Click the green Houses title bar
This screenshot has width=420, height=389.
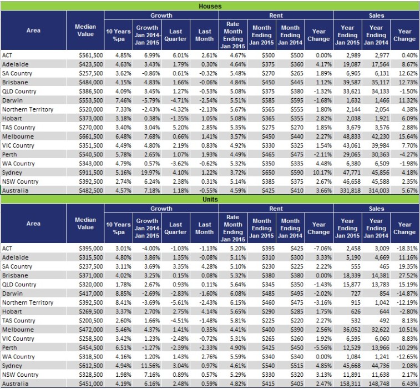click(x=210, y=6)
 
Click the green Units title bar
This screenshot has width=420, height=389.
click(x=210, y=198)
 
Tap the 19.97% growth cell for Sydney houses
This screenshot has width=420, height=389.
click(x=147, y=173)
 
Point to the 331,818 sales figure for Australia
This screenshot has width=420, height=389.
click(x=347, y=190)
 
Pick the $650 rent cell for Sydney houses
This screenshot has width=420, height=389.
click(x=261, y=173)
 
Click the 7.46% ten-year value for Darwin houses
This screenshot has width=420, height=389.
click(x=118, y=100)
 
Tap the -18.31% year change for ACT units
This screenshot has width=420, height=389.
click(x=404, y=248)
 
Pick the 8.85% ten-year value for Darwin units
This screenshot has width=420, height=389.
click(x=118, y=293)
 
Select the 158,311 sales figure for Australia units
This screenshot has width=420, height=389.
click(x=347, y=383)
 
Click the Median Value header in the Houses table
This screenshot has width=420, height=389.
click(x=85, y=31)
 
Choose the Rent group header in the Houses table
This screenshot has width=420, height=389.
click(x=276, y=16)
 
